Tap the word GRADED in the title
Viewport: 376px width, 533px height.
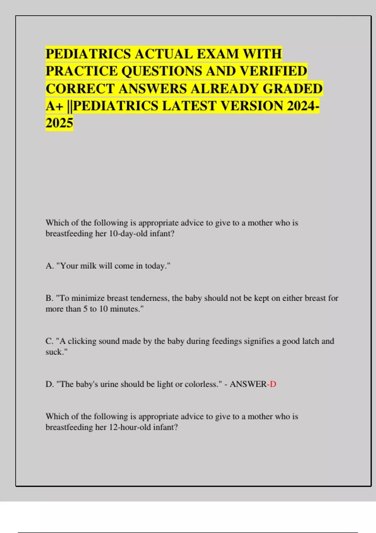(292, 89)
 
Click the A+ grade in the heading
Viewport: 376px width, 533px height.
(55, 106)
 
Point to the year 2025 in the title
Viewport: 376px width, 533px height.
(60, 123)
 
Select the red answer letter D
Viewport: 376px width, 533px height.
(273, 384)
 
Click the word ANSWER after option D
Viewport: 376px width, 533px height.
(248, 384)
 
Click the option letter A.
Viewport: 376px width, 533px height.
(49, 266)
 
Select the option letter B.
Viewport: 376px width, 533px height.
(49, 298)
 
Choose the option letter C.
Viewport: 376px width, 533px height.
(49, 341)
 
